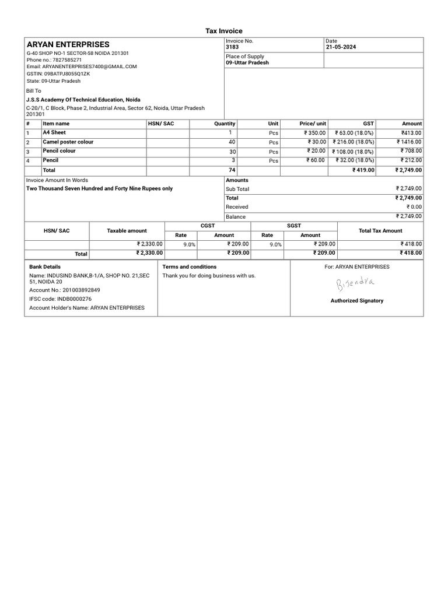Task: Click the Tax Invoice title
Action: click(223, 31)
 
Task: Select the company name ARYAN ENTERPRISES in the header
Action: click(68, 44)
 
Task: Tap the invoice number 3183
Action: click(232, 47)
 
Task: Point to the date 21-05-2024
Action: click(341, 47)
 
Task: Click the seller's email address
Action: click(82, 67)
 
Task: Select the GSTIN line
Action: click(58, 74)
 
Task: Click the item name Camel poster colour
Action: click(68, 142)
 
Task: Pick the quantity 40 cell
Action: click(232, 142)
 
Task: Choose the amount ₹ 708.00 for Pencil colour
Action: click(409, 151)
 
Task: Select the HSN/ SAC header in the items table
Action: click(161, 124)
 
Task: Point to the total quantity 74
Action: click(232, 170)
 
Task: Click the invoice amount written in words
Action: click(100, 189)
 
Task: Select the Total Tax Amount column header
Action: click(380, 231)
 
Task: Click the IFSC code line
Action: click(60, 298)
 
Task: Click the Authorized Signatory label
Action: click(357, 301)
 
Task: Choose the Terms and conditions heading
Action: click(189, 267)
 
